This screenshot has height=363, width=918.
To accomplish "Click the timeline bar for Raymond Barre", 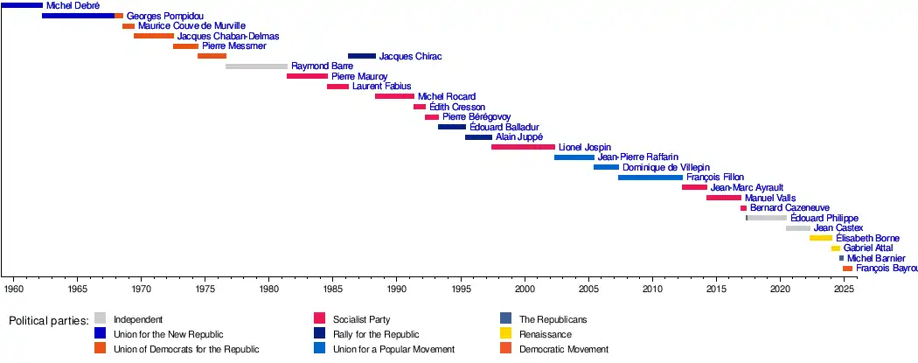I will (256, 66).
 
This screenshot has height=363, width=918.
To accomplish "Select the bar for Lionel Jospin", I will (523, 147).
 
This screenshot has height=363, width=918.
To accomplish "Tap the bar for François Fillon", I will (650, 178).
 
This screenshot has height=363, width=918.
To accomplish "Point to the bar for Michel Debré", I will (21, 6).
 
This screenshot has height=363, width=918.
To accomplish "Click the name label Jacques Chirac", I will (410, 57).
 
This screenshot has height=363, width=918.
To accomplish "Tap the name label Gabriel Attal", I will (868, 248).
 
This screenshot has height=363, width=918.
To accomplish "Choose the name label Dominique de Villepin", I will (666, 167).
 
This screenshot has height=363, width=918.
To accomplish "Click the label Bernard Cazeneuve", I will (789, 208).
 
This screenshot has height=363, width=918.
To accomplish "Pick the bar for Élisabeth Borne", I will (821, 238).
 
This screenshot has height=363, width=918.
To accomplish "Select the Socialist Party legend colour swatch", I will (319, 319).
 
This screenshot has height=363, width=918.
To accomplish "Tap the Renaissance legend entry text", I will (546, 334).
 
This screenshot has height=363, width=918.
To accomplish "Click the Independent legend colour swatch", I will (101, 319).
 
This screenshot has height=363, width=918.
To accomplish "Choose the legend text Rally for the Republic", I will (376, 334).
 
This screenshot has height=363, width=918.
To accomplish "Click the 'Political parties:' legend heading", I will (49, 321).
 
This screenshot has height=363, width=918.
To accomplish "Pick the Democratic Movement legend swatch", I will (506, 349).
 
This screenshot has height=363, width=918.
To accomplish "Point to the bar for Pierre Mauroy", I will (307, 77).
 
